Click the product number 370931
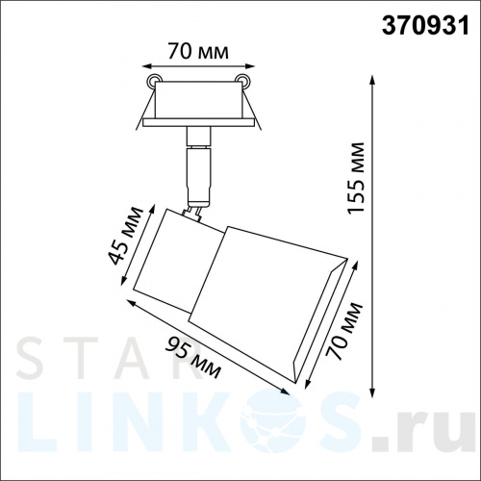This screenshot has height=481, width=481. coord(425,26)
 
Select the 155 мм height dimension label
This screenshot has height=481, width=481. coord(356,177)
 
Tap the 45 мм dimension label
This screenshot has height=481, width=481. coord(125,236)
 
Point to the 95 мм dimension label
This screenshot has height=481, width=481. coord(192,357)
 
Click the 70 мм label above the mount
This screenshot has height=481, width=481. coord(198,51)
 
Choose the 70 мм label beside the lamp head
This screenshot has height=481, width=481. coord(344,330)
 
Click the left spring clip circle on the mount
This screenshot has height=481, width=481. coord(153,80)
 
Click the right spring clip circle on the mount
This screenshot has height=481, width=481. coord(241,80)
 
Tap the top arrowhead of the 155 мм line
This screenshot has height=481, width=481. coord(372,79)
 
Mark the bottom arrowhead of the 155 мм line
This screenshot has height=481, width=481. coord(372,393)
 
